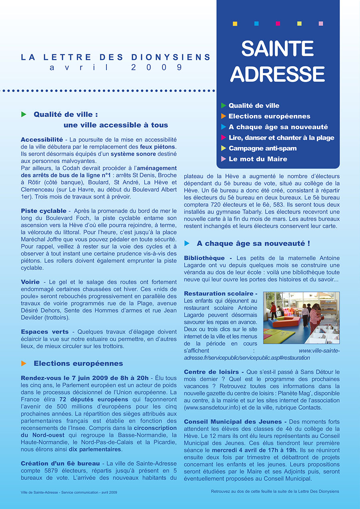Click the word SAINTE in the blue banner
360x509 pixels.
278,49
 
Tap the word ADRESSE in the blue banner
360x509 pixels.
278,74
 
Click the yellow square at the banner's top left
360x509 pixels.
235,24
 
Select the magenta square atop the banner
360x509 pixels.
278,24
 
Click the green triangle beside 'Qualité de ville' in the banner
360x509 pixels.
224,106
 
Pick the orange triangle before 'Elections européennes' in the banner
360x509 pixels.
224,116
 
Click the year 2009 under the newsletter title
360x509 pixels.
156,68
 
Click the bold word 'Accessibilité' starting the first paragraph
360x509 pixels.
42,140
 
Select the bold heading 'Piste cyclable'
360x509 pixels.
44,211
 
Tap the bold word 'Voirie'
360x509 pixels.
30,282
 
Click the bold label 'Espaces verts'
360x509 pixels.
45,332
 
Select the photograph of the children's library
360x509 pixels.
301,318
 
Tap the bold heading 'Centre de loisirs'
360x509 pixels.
211,372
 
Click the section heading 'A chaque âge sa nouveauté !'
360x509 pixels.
253,243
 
